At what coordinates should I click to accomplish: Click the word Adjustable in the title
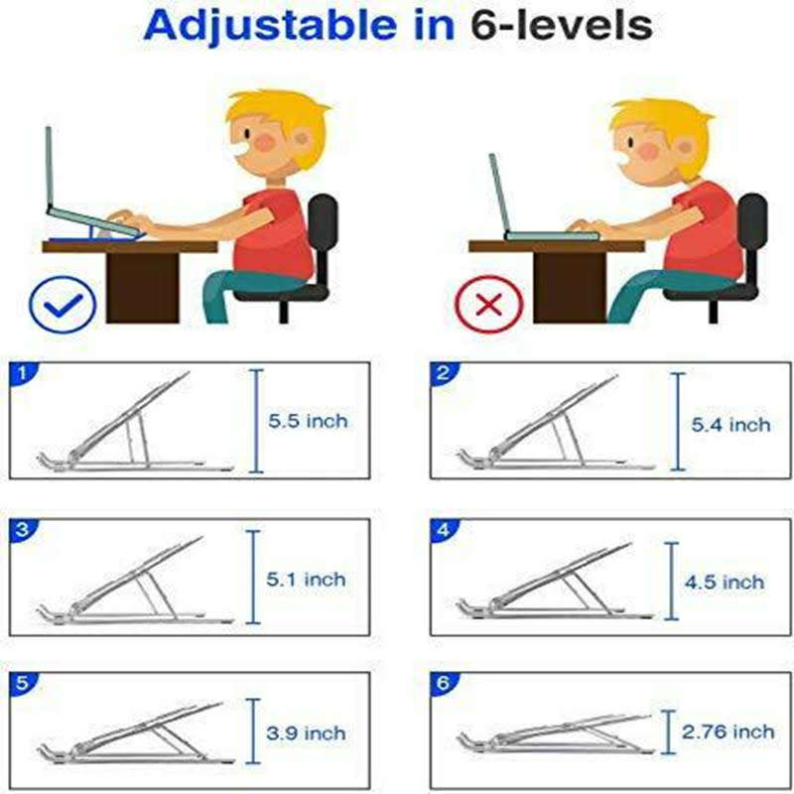click(276, 27)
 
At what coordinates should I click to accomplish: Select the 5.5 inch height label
click(308, 421)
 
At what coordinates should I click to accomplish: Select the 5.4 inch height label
click(730, 425)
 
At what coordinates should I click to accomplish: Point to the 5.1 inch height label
click(306, 579)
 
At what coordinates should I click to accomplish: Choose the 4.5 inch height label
click(725, 582)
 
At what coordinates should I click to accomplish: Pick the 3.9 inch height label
click(306, 733)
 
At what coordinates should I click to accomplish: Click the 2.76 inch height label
click(728, 731)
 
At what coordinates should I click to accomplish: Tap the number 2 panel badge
click(444, 374)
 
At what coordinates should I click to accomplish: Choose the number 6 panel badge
click(444, 684)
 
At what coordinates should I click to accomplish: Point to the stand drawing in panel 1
click(129, 427)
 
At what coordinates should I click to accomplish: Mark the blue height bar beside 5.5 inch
click(256, 420)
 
